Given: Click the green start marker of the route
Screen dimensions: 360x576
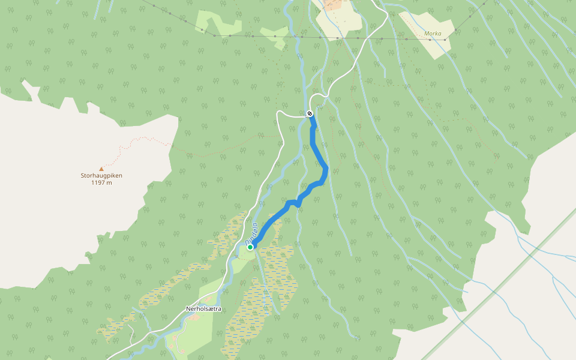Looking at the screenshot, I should (x=250, y=247).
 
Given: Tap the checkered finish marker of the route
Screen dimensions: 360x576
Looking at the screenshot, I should (x=310, y=113).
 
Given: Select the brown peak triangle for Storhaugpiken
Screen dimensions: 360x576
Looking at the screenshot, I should (x=101, y=169).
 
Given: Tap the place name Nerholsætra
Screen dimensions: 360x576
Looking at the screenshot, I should (x=203, y=308).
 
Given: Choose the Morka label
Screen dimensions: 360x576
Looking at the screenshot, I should (x=433, y=34).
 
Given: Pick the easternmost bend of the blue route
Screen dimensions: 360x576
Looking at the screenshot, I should (x=326, y=170).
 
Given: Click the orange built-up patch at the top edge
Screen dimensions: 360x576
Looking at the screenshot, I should (x=332, y=5).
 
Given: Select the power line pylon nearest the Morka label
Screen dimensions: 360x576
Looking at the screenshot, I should (x=445, y=40).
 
